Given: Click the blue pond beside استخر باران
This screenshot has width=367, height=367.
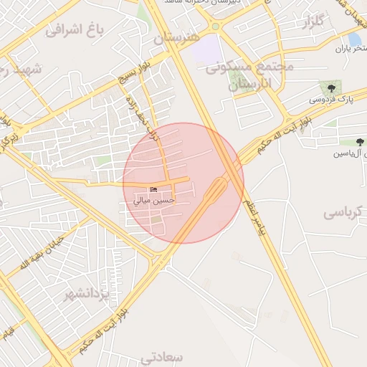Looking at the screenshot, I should tap(354, 38).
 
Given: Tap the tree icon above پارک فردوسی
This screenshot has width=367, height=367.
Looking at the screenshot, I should tap(330, 88).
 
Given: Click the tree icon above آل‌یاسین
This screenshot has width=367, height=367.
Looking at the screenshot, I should tap(359, 141).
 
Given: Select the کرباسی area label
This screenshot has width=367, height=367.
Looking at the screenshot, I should tap(345, 213).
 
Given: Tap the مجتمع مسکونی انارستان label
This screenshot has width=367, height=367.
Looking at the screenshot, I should tap(250, 75).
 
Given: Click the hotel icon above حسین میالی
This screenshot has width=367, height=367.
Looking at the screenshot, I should tap(153, 189).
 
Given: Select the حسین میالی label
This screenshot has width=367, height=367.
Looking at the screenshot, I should tap(153, 201).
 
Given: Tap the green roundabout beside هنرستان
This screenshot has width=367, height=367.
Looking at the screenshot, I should tap(215, 27).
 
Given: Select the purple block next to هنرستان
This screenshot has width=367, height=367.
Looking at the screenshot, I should tap(207, 49).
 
